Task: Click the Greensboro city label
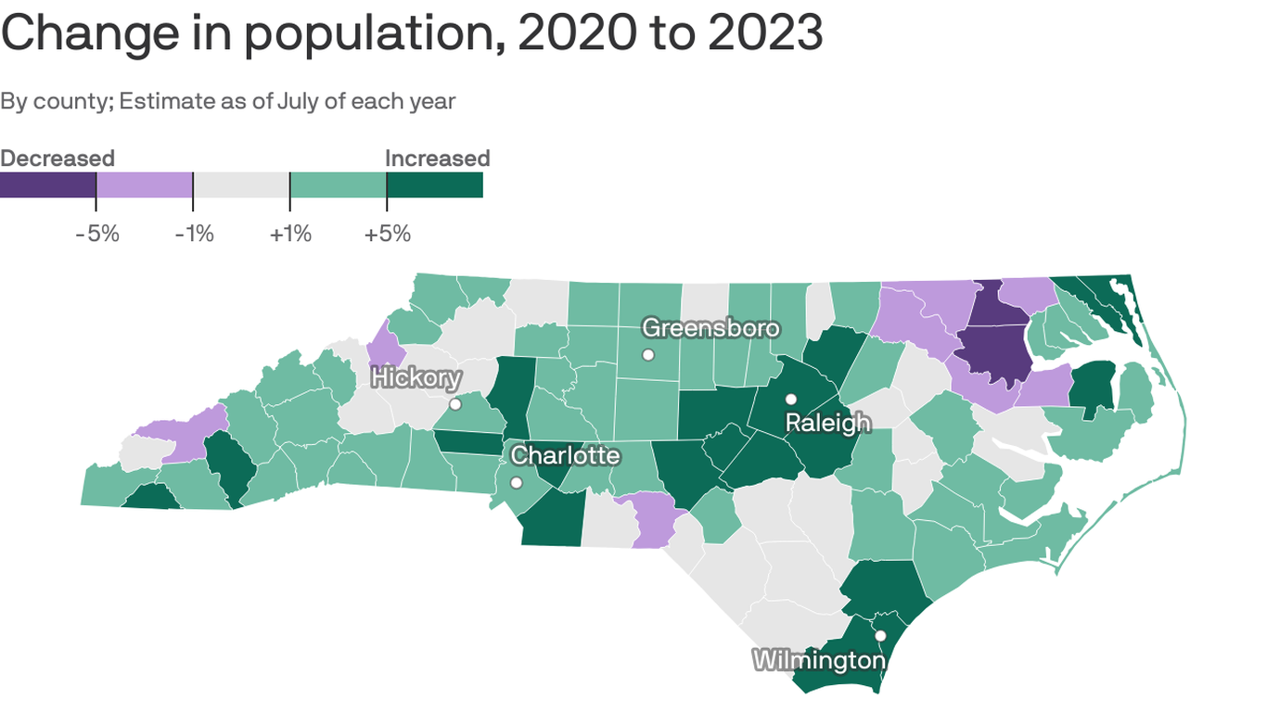(710, 328)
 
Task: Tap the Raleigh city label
(827, 423)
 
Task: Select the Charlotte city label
(565, 455)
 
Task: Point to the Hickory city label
(416, 377)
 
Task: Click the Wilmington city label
(819, 660)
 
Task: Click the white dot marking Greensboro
(648, 354)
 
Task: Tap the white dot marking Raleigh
(791, 400)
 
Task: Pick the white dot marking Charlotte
(516, 482)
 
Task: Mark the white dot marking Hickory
(455, 404)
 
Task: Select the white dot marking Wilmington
(880, 636)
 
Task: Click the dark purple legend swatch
(47, 184)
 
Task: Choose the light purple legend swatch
(145, 184)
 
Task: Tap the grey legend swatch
(241, 184)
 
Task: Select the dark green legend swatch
(435, 184)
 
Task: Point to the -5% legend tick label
(97, 234)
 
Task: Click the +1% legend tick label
(290, 234)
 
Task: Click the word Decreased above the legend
(58, 158)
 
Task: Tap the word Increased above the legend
(437, 158)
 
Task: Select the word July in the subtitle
(298, 100)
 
